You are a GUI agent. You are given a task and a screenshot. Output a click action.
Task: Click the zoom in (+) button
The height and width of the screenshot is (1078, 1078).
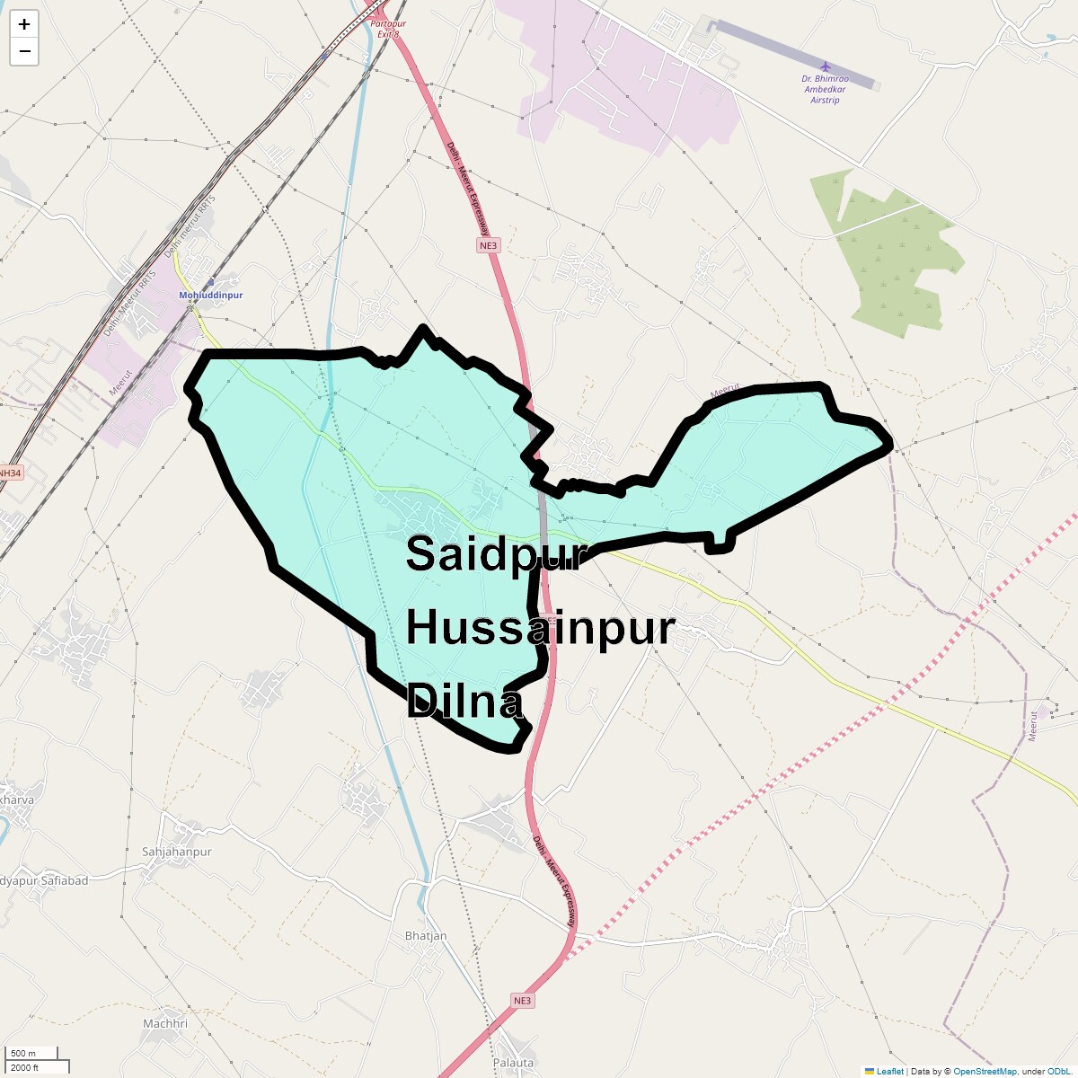24,24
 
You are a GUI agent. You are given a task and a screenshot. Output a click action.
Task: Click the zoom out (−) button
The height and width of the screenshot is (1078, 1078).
24,51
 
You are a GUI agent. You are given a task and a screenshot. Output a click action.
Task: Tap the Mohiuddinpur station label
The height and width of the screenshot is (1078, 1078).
211,295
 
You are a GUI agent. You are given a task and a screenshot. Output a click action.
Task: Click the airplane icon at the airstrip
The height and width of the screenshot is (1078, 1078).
826,66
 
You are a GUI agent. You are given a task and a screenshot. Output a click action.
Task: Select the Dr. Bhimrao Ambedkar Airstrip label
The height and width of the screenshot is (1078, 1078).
825,90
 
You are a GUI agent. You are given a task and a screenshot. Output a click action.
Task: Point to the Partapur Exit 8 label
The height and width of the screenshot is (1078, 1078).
387,28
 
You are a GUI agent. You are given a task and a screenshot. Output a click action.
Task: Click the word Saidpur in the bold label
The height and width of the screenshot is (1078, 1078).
496,554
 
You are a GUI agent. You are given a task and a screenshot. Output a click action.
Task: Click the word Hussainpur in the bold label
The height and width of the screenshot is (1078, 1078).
540,628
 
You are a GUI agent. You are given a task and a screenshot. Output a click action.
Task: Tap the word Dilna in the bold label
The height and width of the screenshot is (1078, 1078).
464,702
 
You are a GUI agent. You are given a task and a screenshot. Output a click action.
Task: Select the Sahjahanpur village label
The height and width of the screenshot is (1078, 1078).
177,852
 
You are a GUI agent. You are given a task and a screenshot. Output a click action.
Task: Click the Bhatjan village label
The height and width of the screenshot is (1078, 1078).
426,935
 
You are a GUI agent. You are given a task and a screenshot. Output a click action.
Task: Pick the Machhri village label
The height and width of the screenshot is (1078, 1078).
165,1023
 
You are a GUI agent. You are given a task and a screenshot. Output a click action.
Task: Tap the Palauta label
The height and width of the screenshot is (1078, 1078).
513,1062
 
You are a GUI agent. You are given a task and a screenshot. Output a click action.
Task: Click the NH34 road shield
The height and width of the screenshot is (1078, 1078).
9,473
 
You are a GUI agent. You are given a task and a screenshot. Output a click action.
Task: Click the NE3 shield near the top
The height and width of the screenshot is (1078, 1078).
488,245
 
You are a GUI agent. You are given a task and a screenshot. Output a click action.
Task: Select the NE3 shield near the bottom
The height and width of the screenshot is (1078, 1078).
522,1001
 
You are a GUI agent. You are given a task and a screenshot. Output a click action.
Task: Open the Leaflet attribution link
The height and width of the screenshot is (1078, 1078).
889,1071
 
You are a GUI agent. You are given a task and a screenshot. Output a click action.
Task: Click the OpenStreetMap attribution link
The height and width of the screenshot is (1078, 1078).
985,1071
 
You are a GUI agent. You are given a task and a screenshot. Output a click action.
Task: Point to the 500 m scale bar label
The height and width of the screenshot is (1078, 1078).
24,1053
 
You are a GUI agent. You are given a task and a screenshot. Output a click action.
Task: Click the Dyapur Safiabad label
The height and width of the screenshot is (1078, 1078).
44,880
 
